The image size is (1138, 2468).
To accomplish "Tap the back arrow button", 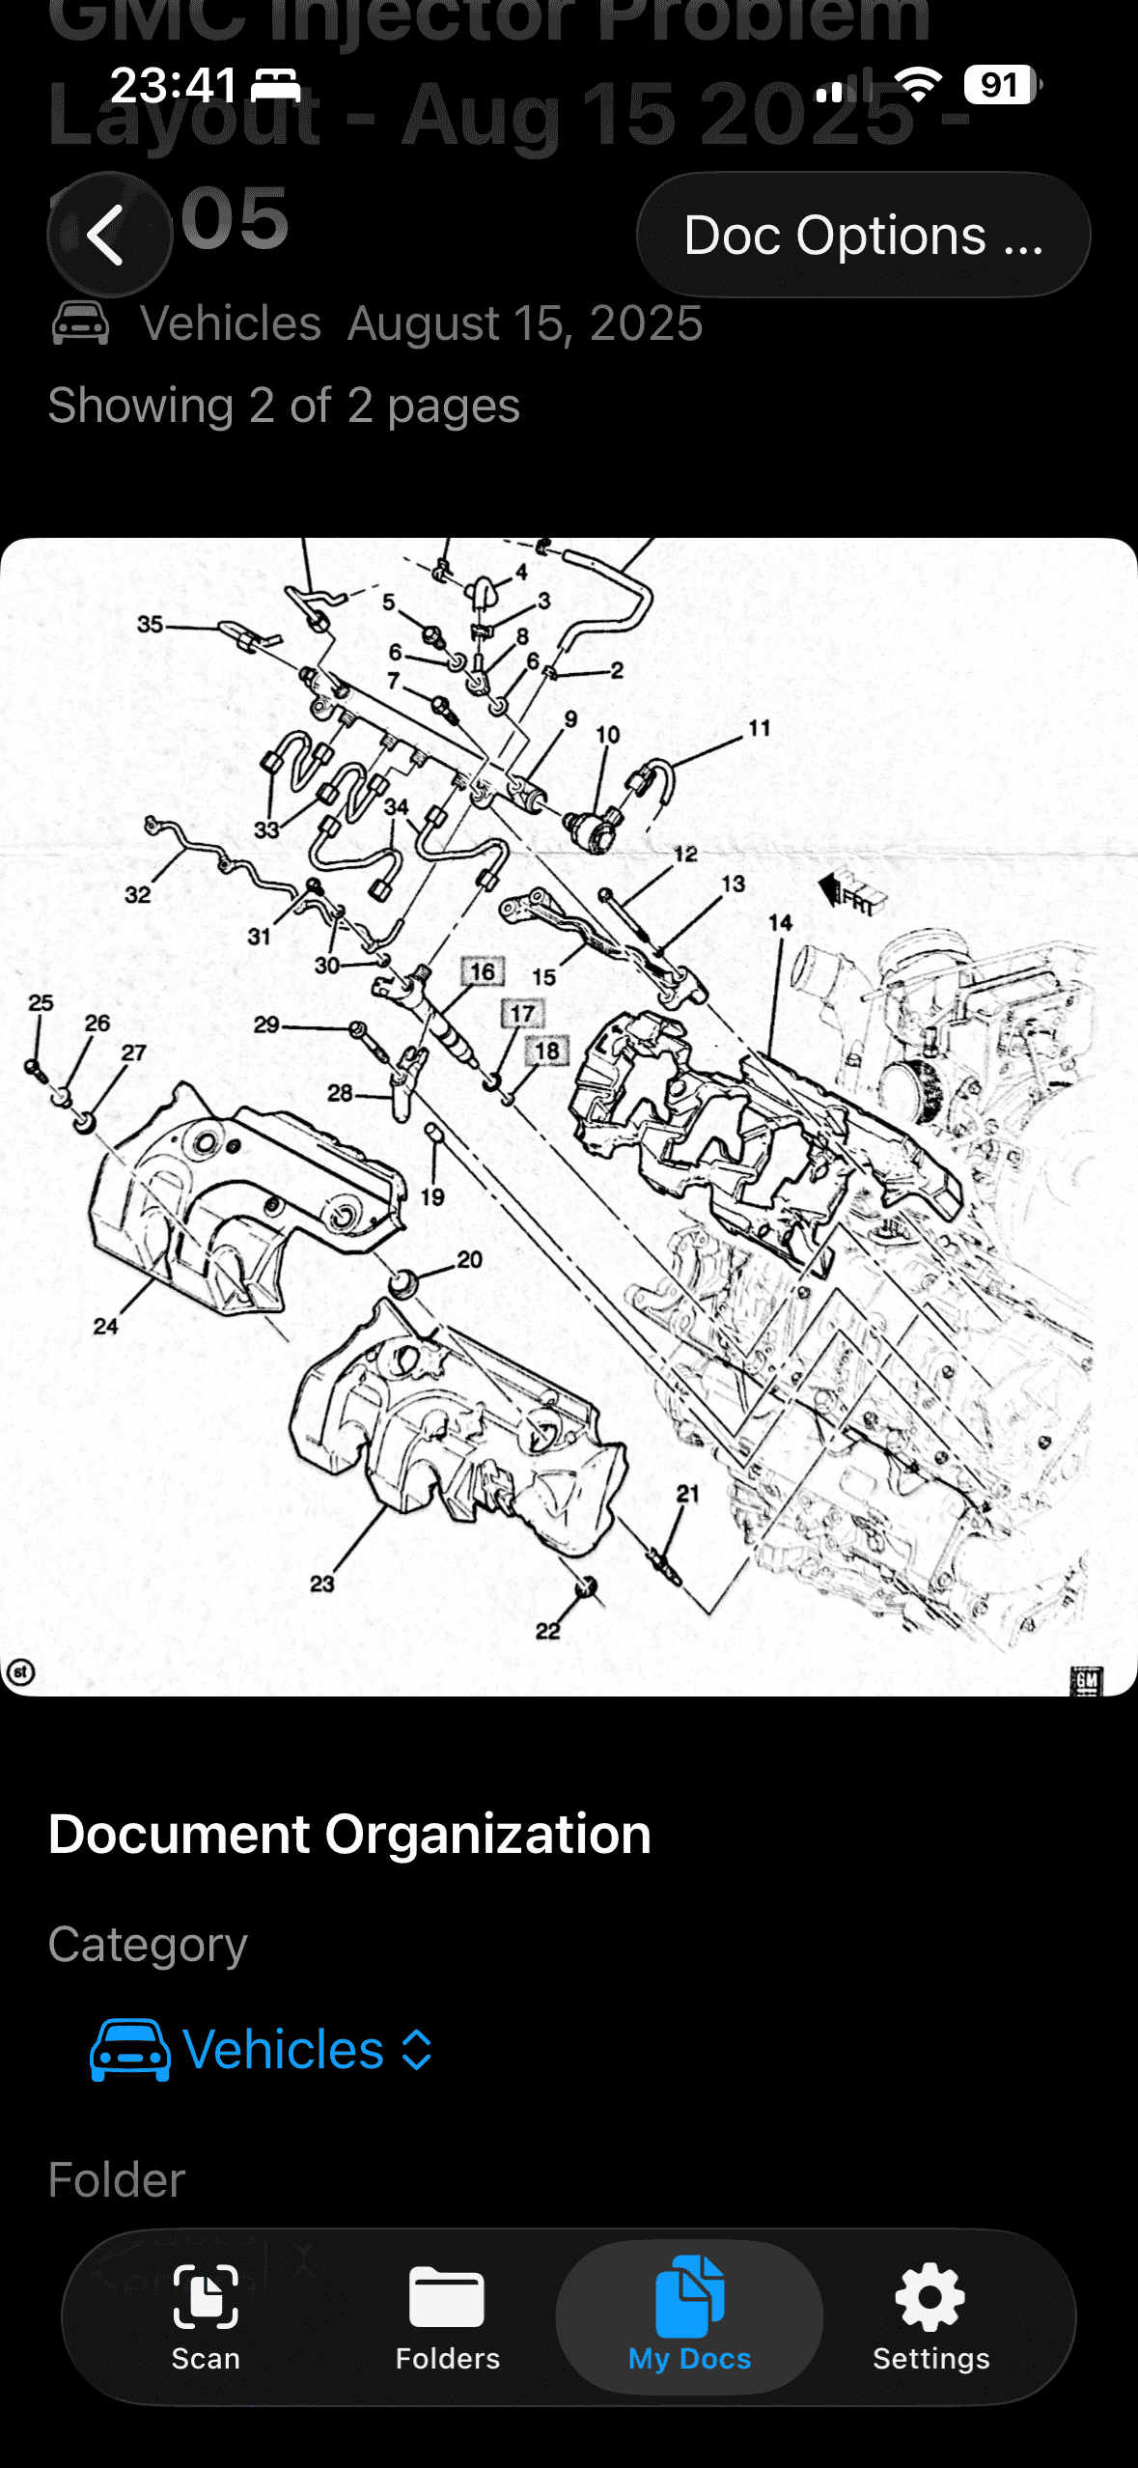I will [x=108, y=235].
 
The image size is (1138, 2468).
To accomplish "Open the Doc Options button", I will [x=863, y=235].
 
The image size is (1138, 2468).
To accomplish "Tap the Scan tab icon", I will [x=206, y=2297].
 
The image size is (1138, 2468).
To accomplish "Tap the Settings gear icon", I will [x=930, y=2297].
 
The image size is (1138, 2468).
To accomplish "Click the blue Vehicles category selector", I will [x=262, y=2049].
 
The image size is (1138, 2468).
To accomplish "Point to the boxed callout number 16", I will [x=483, y=971].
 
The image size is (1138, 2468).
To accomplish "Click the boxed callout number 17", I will [x=522, y=1013].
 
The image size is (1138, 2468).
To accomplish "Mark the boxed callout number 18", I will [x=547, y=1051].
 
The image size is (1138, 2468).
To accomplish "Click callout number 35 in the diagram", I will [x=150, y=624].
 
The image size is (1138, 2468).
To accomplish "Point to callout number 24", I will [x=105, y=1326].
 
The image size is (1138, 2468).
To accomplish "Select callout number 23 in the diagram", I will [x=321, y=1584].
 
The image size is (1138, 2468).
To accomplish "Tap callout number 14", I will [x=780, y=923].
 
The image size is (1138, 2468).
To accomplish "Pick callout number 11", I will [x=760, y=728].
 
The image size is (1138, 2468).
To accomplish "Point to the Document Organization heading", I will [x=349, y=1834].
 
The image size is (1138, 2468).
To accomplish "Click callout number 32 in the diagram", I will [x=137, y=894].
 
